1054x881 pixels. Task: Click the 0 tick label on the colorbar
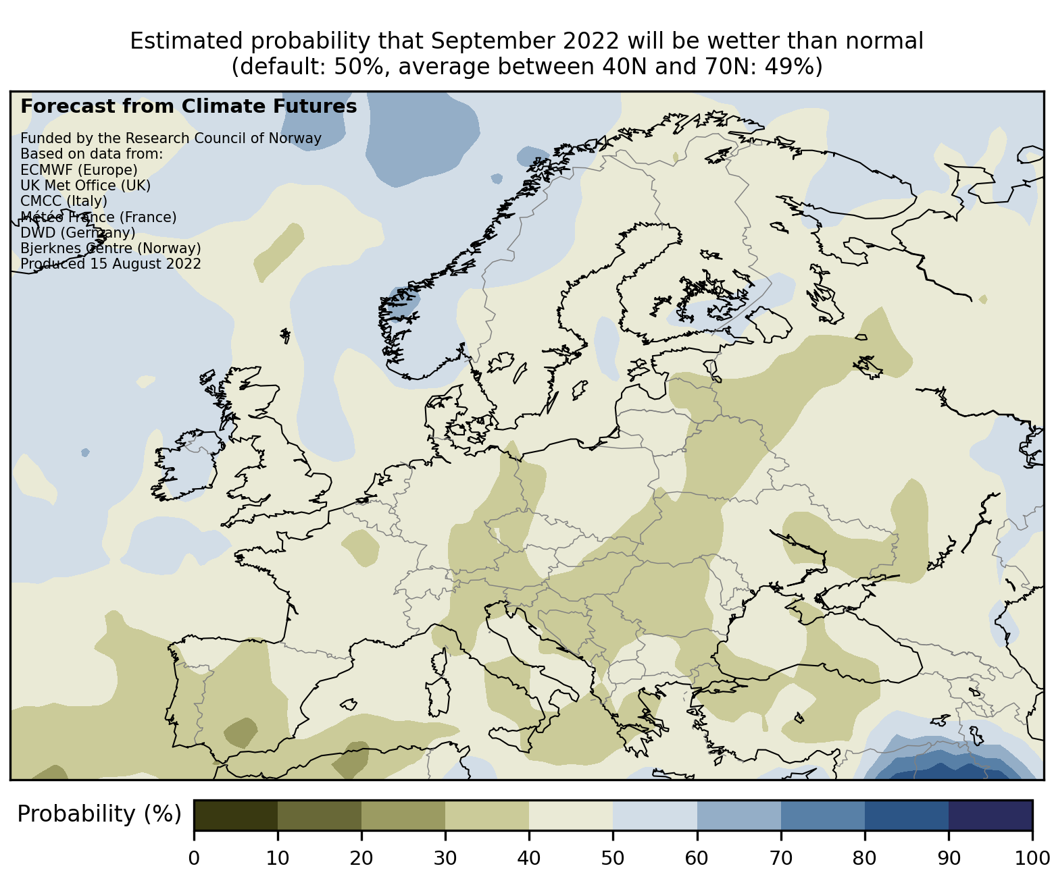tap(194, 858)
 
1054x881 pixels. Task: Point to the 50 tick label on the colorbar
tap(613, 858)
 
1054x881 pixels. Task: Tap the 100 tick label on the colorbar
tap(1032, 858)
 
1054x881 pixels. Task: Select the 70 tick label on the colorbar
tap(780, 858)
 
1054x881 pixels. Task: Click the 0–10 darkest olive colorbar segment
tap(236, 815)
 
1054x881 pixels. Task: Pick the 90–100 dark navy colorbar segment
tap(990, 815)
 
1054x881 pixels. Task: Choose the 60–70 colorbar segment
tap(738, 815)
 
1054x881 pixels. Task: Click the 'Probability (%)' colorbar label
tap(99, 814)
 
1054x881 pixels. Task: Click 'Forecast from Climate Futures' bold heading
tap(189, 106)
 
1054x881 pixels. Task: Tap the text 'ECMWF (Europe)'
tap(79, 169)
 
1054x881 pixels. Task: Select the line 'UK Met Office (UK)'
tap(86, 185)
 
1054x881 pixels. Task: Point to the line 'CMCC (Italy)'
tap(64, 201)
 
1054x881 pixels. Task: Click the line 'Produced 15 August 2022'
tap(111, 263)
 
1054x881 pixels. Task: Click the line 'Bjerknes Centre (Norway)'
tap(111, 248)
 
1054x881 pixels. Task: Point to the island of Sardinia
tap(438, 695)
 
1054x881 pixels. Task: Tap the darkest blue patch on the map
tap(953, 772)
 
